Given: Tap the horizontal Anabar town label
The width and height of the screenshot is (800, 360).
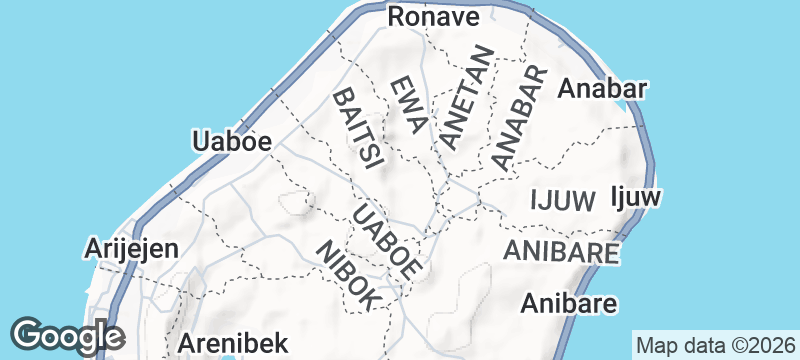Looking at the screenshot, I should pos(601,88).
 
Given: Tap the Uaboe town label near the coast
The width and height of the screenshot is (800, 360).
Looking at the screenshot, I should pos(232,142).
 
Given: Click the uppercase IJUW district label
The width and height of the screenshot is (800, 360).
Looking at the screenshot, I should pos(563,199).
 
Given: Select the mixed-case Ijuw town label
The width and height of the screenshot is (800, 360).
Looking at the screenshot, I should pos(636,197).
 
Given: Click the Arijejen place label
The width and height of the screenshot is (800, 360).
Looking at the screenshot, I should pos(132,248).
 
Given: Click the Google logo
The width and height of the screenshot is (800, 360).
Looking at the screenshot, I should pos(68,335).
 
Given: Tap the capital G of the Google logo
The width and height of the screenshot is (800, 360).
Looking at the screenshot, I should pos(28,334).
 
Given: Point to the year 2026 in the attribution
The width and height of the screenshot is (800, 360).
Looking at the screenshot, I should pos(766,344).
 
